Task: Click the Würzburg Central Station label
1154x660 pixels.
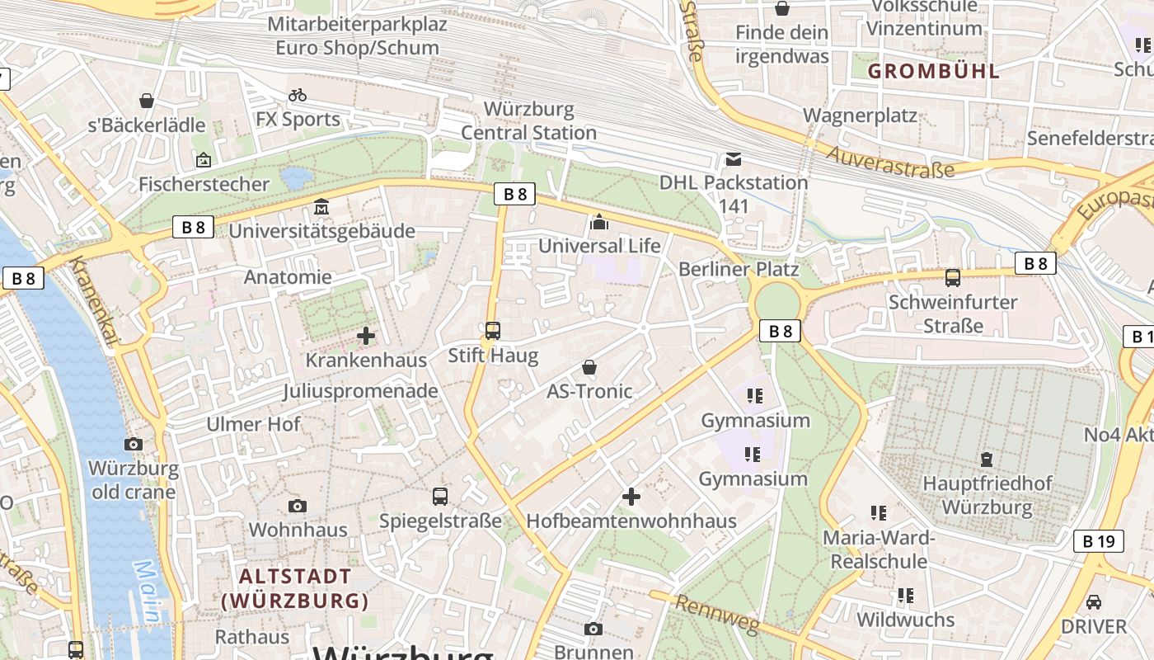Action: pos(528,120)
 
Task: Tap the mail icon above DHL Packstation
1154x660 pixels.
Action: pos(733,159)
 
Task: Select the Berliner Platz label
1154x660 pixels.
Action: pos(738,269)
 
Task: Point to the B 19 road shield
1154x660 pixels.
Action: pos(1099,541)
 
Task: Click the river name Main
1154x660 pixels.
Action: pos(150,592)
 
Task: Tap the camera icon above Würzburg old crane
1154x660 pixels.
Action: pos(133,445)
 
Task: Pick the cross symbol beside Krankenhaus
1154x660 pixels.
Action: pos(366,336)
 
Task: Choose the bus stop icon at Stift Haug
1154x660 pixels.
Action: pos(492,331)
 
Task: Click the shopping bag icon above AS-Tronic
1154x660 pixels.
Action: pos(589,366)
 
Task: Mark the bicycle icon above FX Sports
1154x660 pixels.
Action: pos(298,95)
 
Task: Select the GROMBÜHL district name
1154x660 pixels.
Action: pos(934,71)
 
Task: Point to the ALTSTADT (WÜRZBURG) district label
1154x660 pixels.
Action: pos(294,588)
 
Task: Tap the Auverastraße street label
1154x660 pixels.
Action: pos(889,162)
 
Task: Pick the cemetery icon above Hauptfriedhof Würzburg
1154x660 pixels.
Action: pos(987,460)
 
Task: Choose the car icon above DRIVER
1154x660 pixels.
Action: pos(1094,601)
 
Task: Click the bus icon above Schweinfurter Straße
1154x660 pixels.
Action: pos(953,278)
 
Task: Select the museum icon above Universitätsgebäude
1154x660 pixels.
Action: pos(321,206)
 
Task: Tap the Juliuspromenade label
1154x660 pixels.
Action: pos(360,391)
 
